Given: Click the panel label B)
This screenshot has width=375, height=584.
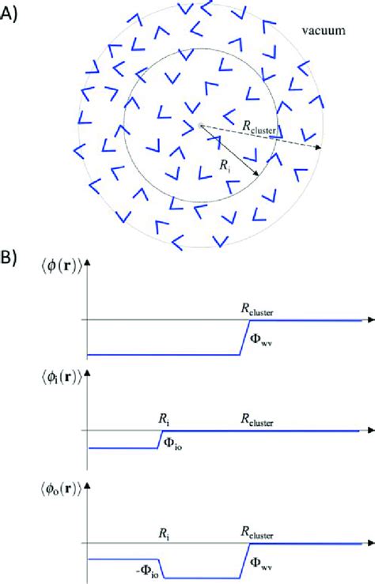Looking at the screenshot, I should (11, 258).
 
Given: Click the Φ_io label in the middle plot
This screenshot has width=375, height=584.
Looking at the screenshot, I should (174, 445).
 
